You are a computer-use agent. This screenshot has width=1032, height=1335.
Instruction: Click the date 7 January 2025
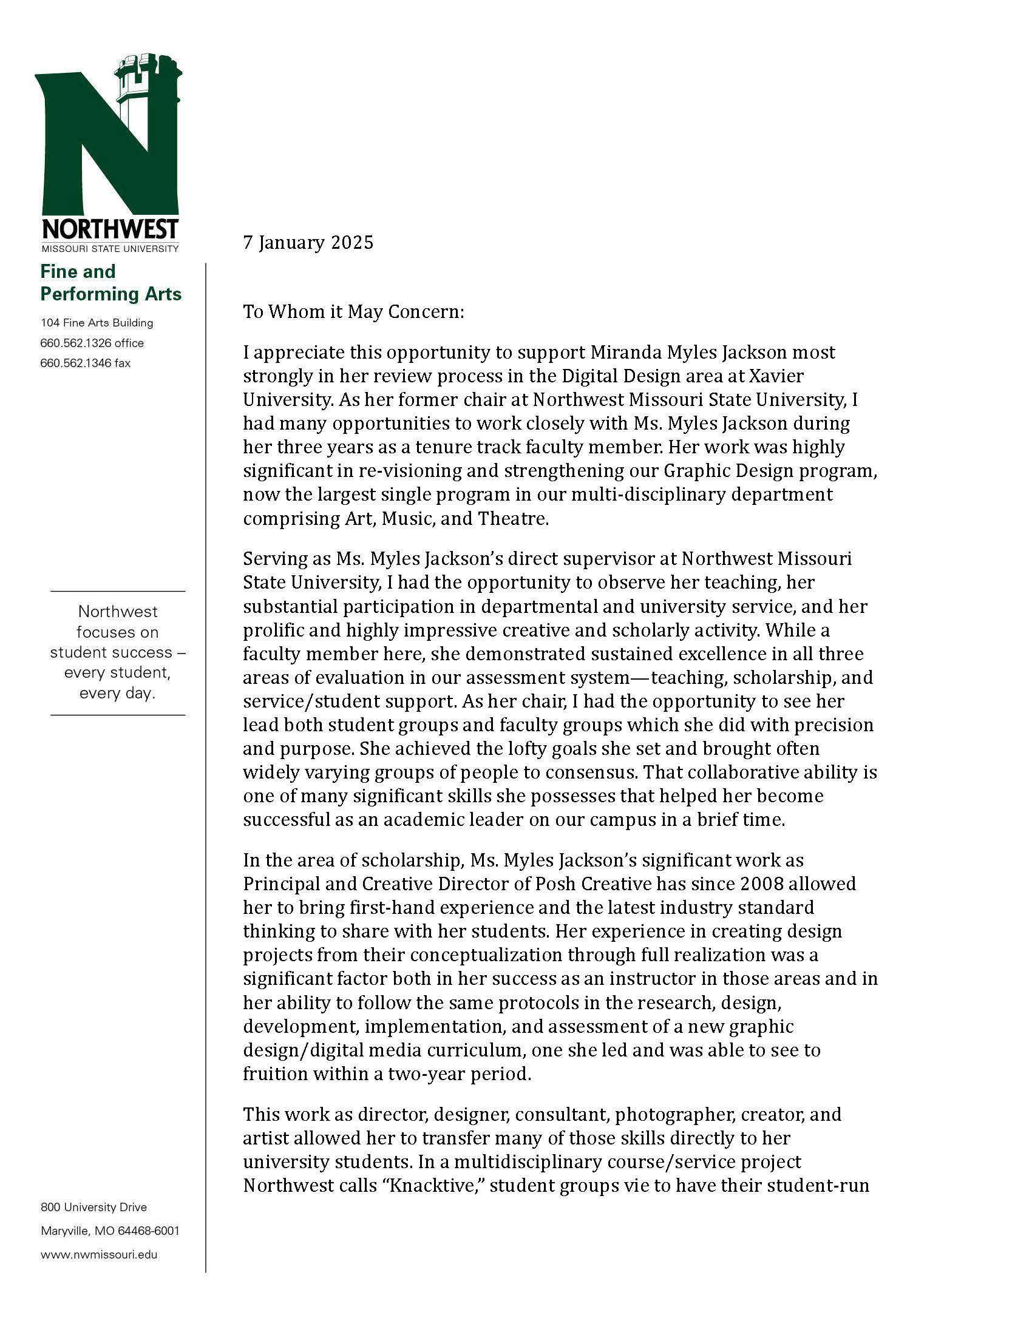[x=308, y=243]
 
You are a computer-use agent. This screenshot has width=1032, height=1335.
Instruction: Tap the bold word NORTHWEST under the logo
[x=110, y=229]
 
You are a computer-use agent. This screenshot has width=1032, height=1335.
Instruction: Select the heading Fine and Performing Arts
[x=110, y=282]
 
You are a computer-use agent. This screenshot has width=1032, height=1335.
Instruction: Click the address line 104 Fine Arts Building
[x=97, y=323]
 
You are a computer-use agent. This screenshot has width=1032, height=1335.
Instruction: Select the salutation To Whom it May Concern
[x=354, y=312]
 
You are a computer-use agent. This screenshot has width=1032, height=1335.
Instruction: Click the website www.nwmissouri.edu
[x=99, y=1254]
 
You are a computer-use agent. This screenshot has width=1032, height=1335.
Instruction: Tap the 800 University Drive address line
[x=93, y=1207]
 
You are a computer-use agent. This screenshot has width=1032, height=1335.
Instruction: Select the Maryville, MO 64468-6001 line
[x=110, y=1231]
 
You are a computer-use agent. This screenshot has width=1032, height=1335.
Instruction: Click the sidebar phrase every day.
[x=117, y=694]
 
